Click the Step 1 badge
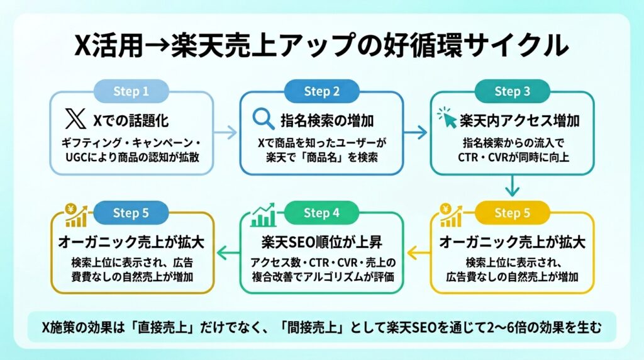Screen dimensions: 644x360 click(x=131, y=91)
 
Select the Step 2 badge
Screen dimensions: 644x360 click(x=321, y=91)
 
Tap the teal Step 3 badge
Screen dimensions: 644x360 click(x=512, y=91)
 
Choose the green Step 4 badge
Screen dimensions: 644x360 click(x=321, y=213)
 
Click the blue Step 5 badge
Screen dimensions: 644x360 click(x=131, y=213)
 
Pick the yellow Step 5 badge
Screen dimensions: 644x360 click(x=512, y=213)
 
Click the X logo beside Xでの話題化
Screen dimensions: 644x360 click(x=75, y=119)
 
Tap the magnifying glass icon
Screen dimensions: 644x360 click(x=264, y=119)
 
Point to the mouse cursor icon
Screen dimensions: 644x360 click(x=447, y=118)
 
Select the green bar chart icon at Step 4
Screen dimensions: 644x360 click(x=264, y=215)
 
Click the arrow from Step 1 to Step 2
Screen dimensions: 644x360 click(x=226, y=132)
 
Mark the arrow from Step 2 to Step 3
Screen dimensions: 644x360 click(x=416, y=132)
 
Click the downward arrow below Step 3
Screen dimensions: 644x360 click(x=512, y=186)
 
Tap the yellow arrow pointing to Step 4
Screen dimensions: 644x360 click(x=418, y=253)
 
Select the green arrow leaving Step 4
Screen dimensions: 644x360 click(x=228, y=253)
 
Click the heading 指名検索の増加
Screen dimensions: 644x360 click(x=327, y=121)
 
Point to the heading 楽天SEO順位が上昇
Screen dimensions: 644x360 click(x=321, y=242)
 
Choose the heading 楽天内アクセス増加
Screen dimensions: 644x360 click(x=519, y=121)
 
